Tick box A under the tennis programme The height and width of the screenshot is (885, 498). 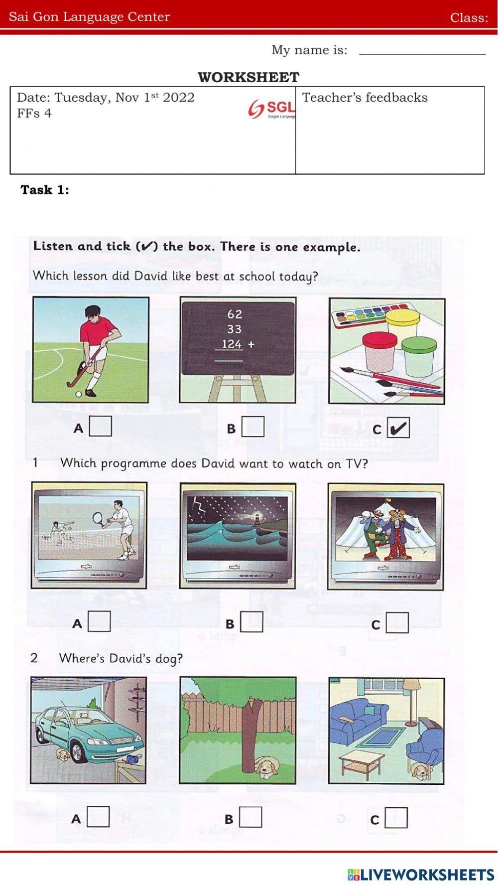[99, 621]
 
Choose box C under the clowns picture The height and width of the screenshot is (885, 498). [397, 623]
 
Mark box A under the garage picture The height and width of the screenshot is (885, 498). [98, 817]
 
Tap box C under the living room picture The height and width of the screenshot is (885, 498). [396, 818]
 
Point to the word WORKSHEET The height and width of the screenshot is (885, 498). [249, 77]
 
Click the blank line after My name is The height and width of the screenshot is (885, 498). [422, 52]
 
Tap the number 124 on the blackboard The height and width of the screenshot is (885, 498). [232, 344]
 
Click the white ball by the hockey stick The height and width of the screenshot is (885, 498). [78, 394]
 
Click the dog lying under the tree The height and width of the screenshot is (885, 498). [266, 768]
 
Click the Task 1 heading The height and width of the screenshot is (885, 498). [45, 190]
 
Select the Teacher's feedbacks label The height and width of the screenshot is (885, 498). [365, 98]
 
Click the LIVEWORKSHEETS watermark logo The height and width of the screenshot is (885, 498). [421, 874]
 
